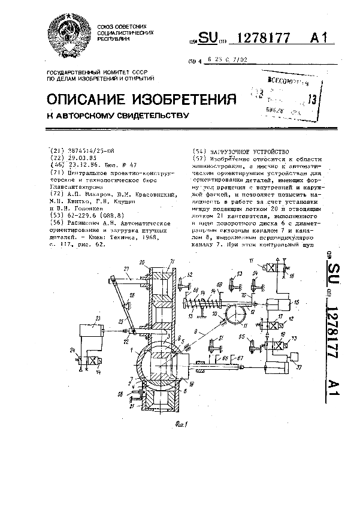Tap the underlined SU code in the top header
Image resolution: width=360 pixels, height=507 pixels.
[207, 38]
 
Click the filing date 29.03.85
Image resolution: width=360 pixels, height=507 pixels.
[81, 158]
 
